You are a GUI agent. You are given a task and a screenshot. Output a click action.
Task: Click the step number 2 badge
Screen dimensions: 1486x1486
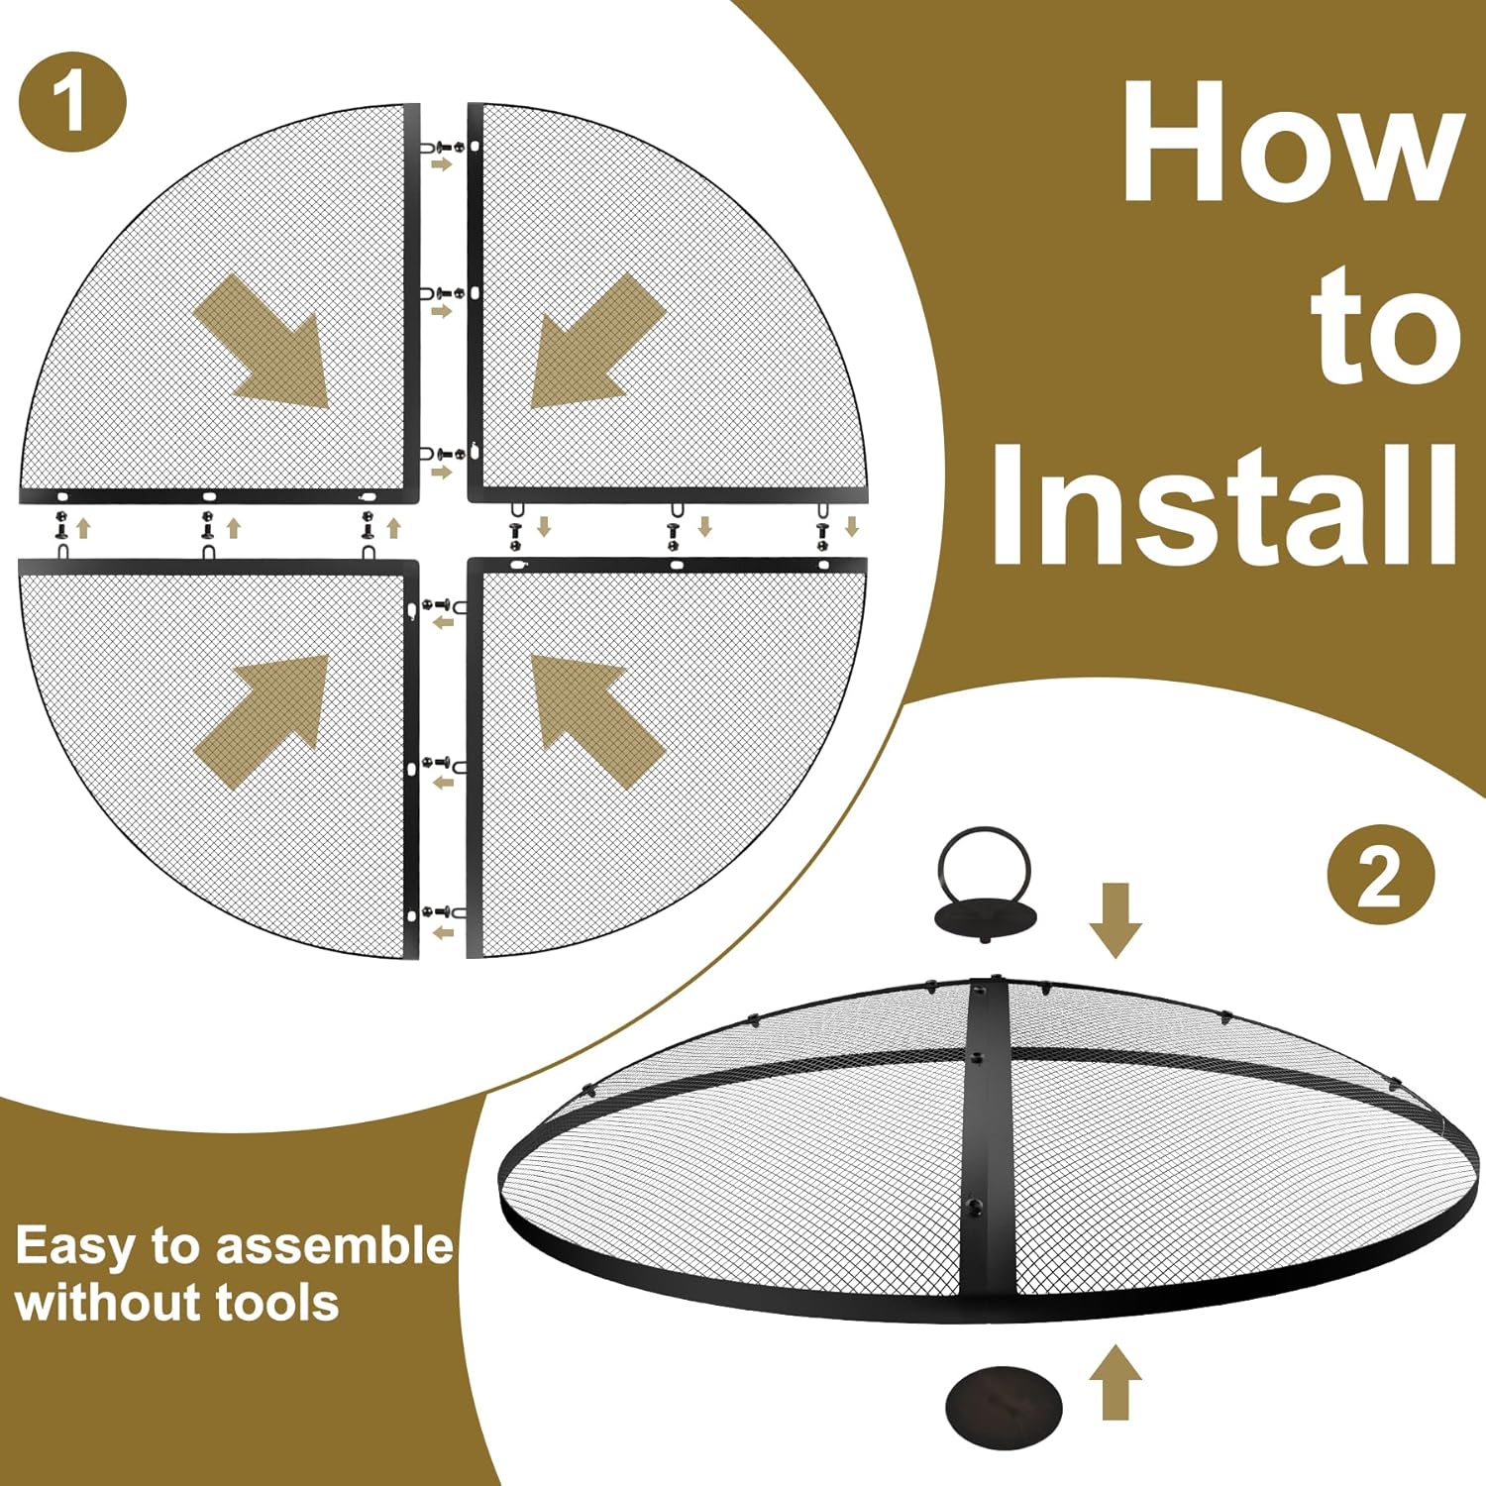(x=1380, y=876)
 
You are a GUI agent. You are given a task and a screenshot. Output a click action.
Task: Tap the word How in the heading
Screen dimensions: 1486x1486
(x=1293, y=141)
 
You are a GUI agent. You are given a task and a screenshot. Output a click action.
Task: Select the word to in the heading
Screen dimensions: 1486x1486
(x=1389, y=325)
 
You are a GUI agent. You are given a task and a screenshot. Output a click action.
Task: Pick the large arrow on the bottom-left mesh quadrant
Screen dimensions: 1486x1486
(x=263, y=721)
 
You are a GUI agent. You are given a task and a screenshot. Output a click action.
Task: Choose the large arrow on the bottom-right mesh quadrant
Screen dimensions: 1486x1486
(x=597, y=721)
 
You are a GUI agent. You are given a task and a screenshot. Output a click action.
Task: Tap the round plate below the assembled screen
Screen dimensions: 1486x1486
(x=1004, y=1406)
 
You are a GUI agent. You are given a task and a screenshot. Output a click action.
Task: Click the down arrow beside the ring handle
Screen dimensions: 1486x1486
(x=1115, y=919)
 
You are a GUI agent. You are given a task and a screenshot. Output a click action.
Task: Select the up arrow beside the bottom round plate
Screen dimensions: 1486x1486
(x=1115, y=1381)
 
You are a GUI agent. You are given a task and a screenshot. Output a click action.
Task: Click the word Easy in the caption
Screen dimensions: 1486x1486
(x=75, y=1246)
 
